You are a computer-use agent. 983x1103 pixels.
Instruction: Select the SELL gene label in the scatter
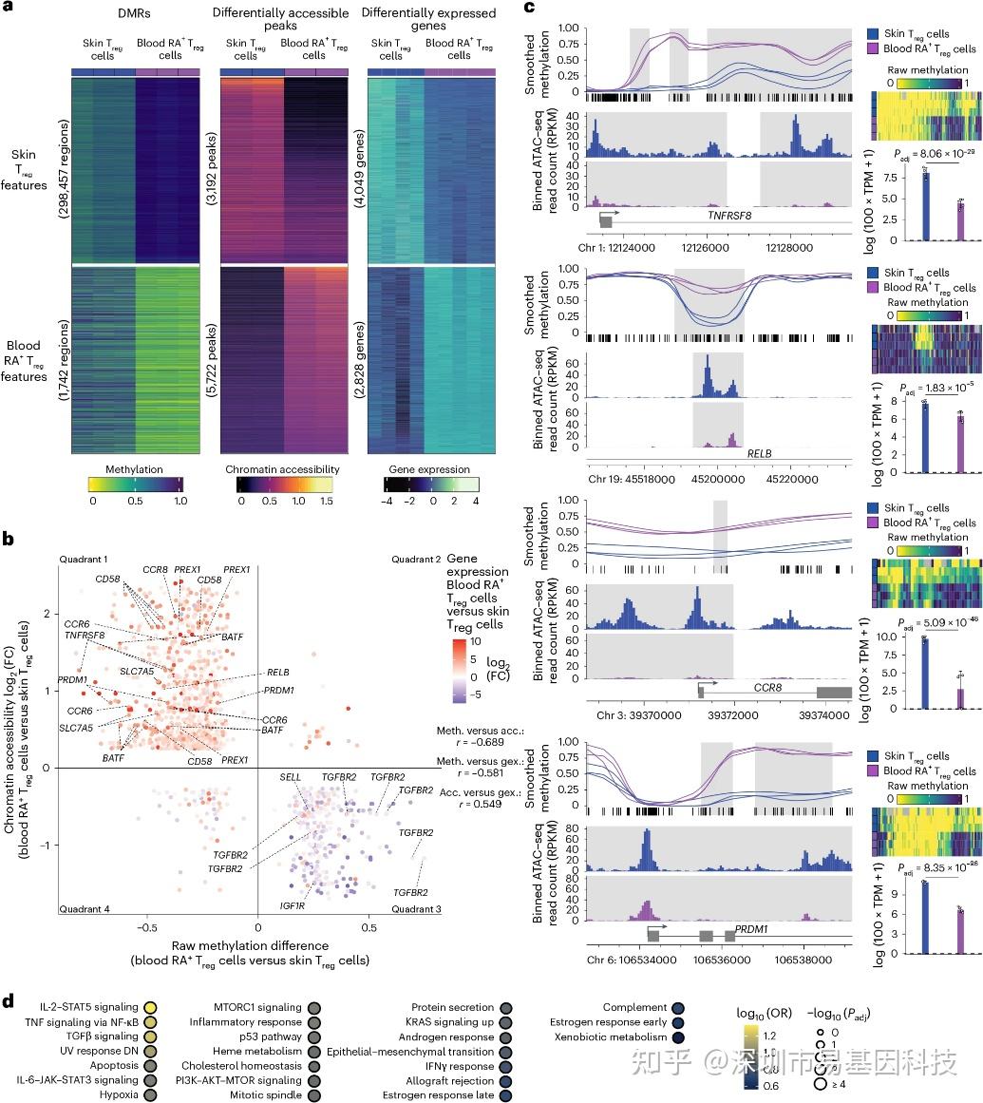tap(290, 777)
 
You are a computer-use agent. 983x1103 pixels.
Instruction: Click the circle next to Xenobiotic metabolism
tap(678, 1036)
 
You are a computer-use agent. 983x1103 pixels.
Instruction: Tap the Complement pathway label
tap(635, 1007)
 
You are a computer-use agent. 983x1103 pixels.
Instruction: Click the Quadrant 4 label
tap(85, 908)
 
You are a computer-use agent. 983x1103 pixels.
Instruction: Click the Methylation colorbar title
tap(134, 469)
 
